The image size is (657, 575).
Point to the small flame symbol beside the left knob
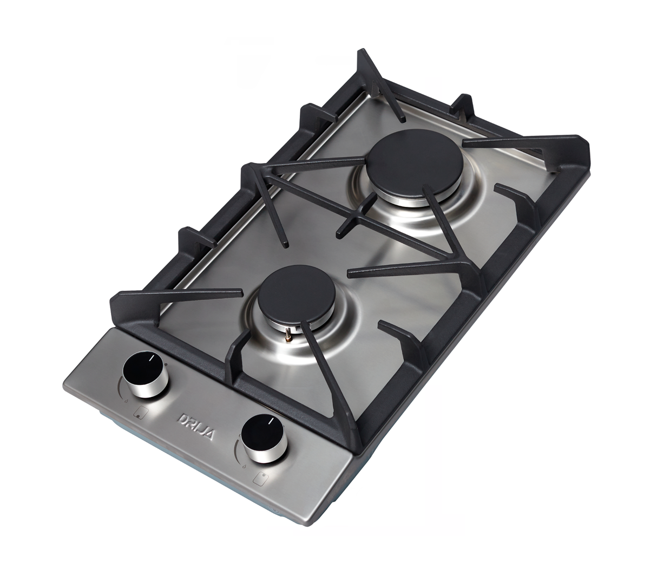click(125, 402)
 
